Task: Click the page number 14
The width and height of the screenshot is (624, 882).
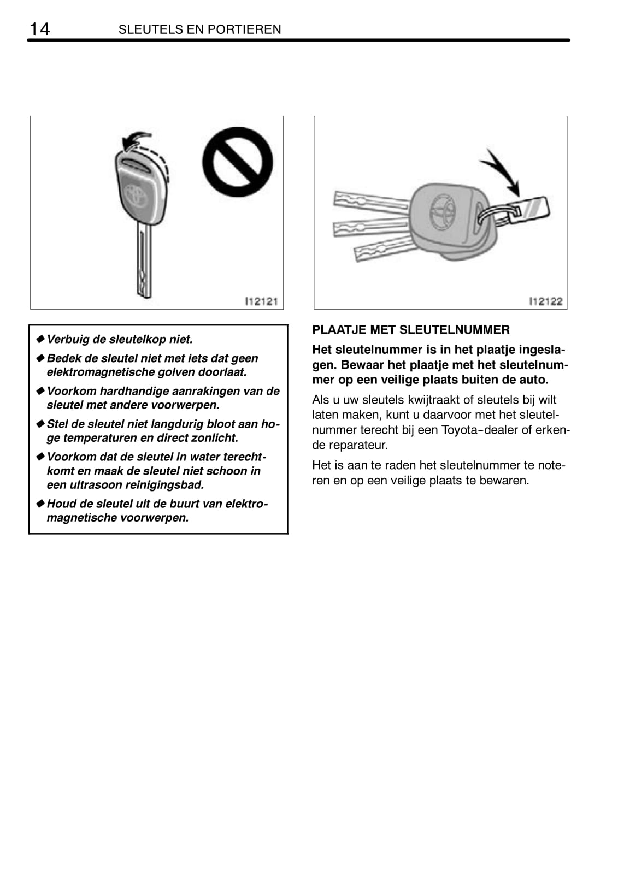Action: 39,29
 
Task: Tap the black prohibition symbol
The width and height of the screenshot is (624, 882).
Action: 238,162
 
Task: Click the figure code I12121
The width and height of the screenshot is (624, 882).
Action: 261,301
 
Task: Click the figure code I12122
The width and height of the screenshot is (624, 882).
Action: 545,301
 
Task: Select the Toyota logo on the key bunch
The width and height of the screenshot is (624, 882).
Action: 443,211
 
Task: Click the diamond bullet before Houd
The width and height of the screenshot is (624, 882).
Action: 40,503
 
